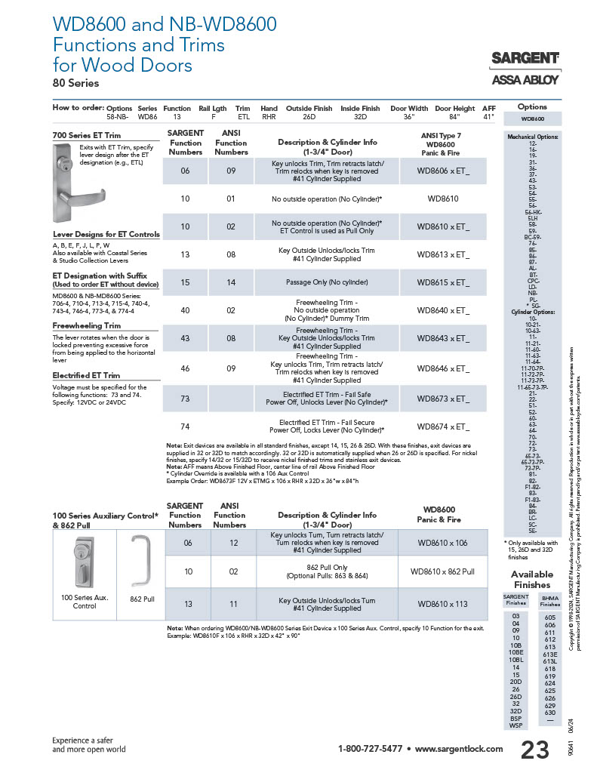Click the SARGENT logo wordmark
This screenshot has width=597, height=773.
tap(525, 58)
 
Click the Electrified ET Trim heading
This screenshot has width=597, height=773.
tap(86, 375)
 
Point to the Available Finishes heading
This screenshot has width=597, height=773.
tap(532, 579)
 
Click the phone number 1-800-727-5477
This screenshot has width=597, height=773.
tap(370, 749)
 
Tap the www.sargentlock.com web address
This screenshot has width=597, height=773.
tap(458, 749)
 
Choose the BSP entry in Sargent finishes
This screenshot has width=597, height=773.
tap(515, 719)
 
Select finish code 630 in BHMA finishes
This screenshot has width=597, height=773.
tap(549, 712)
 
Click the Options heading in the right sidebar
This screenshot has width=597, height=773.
tap(532, 107)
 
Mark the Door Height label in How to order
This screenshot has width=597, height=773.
tap(454, 108)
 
